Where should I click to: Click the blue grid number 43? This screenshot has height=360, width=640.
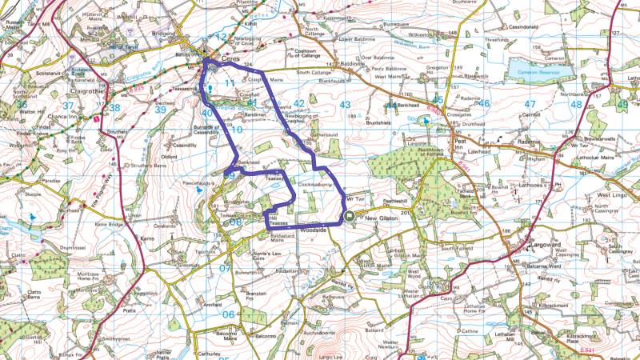pos(346,105)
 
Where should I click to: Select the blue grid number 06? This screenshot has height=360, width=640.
pos(228,314)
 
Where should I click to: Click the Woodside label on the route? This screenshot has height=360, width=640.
pos(314,228)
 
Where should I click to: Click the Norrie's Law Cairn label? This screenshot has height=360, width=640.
pos(266,256)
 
